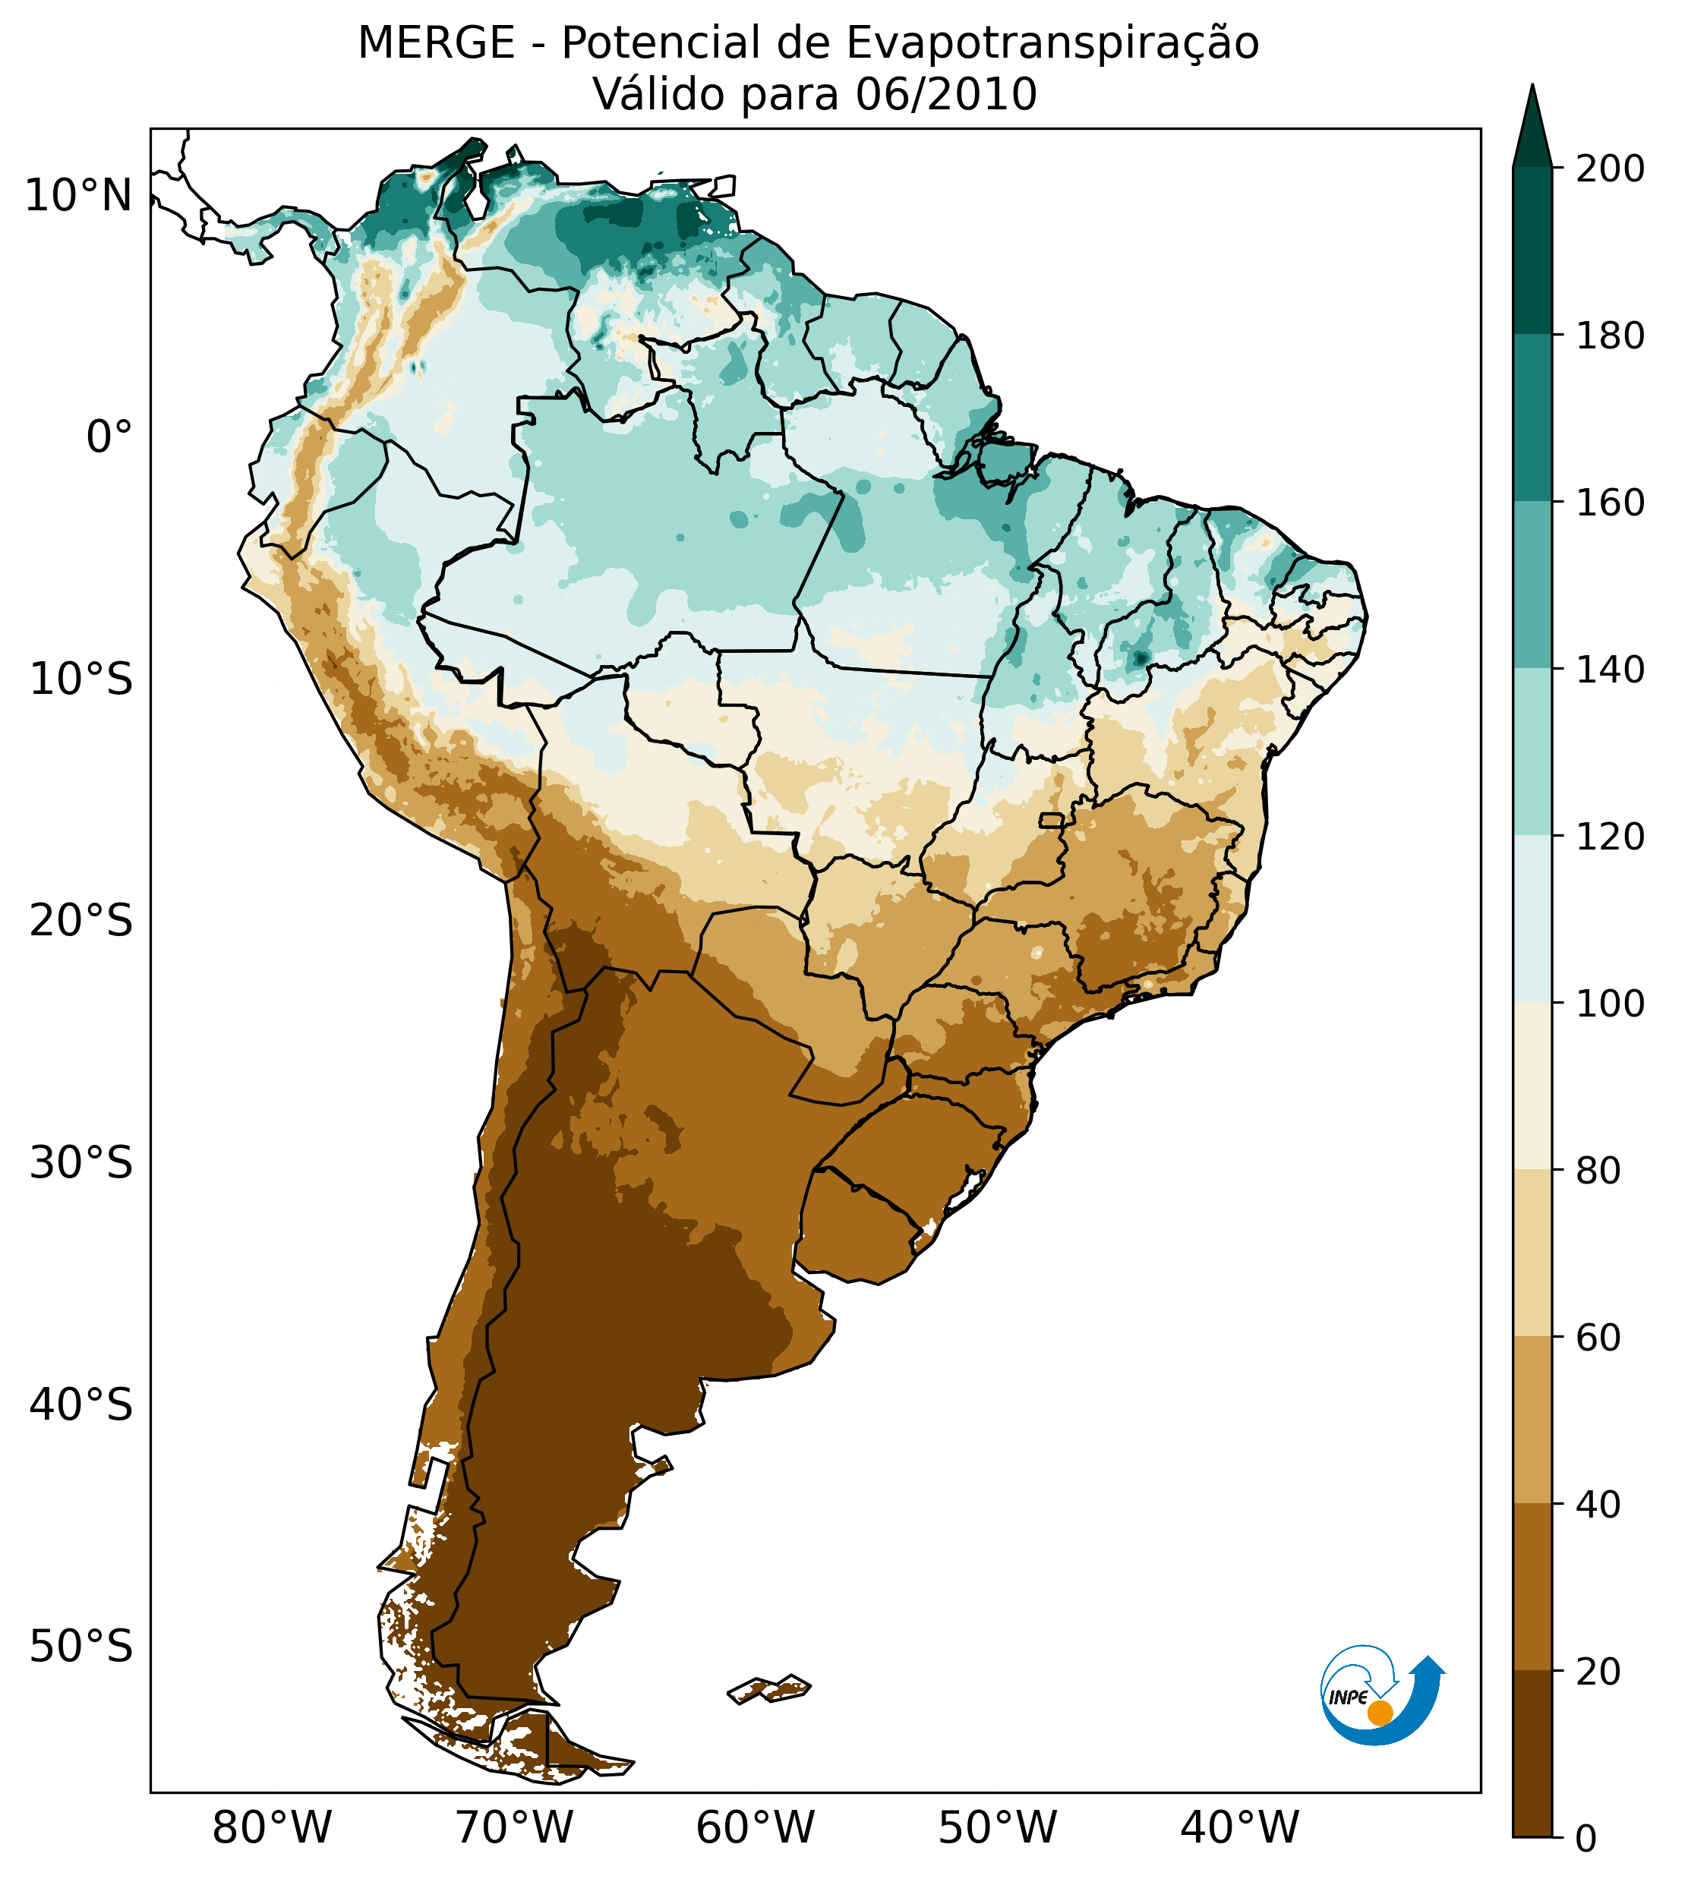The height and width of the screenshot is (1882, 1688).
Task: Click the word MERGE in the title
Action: point(435,43)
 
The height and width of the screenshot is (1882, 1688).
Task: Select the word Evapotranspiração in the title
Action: point(1052,43)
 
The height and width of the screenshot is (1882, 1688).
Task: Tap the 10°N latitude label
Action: point(79,197)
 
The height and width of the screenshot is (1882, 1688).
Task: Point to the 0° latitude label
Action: point(109,437)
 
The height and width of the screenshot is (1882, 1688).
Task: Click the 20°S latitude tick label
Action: point(81,922)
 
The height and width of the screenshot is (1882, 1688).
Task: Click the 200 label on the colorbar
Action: point(1610,169)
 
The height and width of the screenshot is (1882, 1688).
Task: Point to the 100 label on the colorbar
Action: point(1610,1004)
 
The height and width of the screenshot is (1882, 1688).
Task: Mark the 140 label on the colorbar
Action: point(1610,670)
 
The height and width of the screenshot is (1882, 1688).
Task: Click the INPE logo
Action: point(1382,1696)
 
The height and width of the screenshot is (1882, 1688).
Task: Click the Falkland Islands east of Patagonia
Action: point(770,1689)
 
